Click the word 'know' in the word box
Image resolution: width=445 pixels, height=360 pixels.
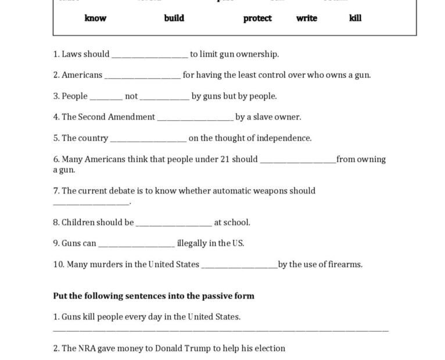point(95,18)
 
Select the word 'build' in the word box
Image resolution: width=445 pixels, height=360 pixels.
point(174,18)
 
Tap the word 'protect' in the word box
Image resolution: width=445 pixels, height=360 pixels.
point(257,18)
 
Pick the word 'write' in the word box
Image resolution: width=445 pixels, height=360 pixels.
point(307,18)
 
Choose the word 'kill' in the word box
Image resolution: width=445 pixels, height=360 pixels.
point(356,18)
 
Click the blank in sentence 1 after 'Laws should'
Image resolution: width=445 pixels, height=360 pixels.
point(149,55)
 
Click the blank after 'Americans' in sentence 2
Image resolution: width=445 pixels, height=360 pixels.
point(142,76)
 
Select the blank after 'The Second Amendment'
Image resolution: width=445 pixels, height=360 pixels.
point(195,118)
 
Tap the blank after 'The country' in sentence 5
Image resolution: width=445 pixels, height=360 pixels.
point(148,139)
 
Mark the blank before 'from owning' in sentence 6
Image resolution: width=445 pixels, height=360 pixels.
point(298,161)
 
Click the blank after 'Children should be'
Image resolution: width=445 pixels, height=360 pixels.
point(174,224)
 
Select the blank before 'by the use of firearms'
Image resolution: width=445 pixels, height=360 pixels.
point(239,266)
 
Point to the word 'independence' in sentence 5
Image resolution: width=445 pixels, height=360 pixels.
point(283,138)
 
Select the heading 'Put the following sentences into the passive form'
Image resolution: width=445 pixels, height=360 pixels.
point(153,296)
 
